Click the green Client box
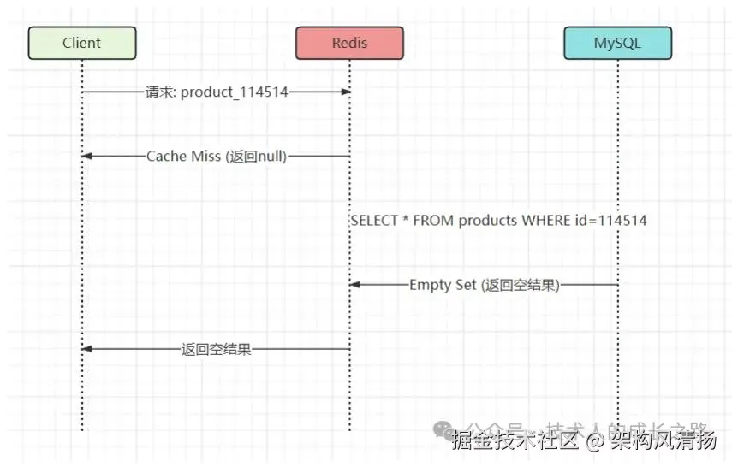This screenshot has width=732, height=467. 82,43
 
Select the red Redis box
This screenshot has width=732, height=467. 348,43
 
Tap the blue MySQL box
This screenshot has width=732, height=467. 616,43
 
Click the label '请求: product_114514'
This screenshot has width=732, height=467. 217,92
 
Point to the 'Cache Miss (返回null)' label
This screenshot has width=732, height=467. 217,156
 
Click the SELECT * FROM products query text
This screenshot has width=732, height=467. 498,220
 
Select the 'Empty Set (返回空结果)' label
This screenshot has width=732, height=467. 484,285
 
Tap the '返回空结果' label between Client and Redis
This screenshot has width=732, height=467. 217,349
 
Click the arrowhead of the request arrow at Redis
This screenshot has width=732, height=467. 346,92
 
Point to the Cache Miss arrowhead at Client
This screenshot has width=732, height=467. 86,156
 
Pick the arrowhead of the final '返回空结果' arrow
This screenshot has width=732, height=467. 86,349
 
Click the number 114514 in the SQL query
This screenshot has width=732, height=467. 622,220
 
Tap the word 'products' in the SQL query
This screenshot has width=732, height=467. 487,220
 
